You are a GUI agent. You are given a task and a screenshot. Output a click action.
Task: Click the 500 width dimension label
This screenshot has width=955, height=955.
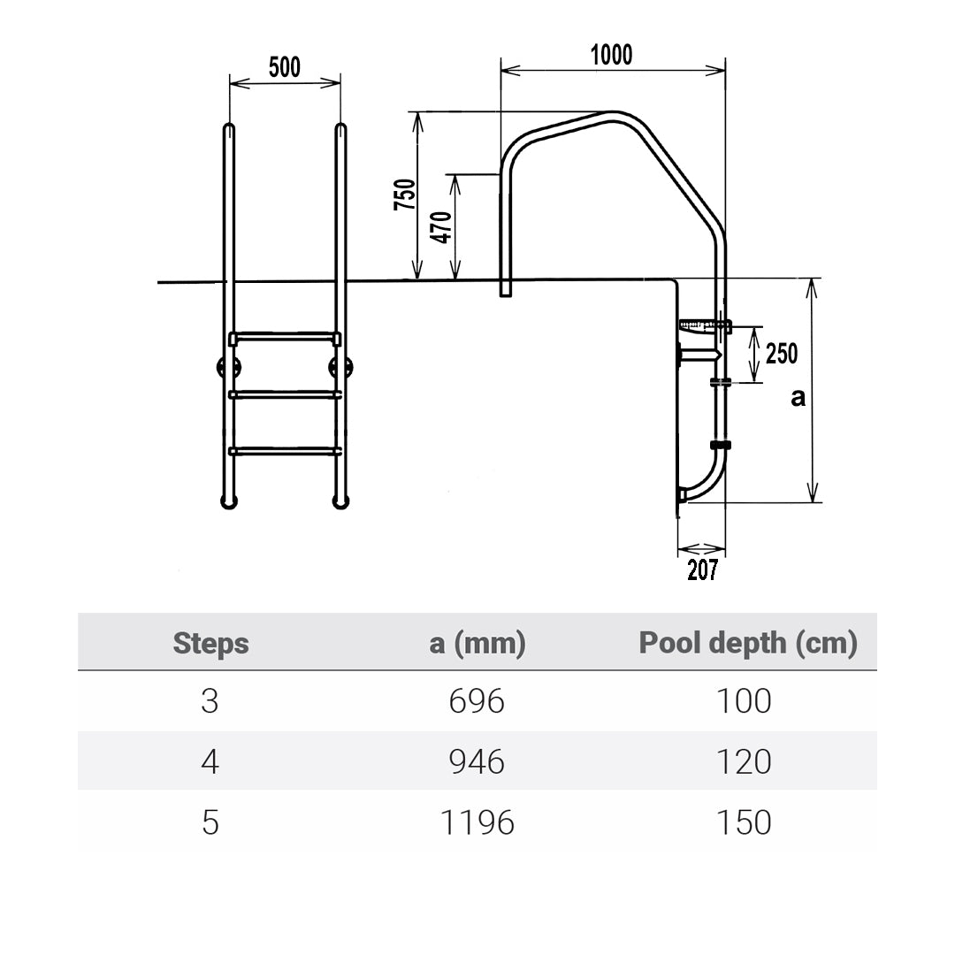[285, 67]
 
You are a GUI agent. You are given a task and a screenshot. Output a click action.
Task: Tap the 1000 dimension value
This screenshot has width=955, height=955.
[612, 55]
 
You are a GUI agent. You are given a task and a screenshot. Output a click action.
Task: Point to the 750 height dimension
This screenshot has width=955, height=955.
[405, 195]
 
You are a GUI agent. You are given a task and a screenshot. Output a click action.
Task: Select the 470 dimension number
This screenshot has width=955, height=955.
[441, 227]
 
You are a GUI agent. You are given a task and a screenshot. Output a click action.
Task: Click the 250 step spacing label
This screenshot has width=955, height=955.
[782, 353]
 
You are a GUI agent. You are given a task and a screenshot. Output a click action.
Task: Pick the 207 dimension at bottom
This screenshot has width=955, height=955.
[703, 569]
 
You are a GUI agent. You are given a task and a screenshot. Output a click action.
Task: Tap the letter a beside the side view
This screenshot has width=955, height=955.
[798, 398]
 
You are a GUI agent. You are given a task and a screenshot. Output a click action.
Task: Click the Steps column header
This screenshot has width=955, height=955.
[210, 643]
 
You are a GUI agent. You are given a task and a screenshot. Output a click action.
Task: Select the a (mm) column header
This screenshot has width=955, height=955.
[477, 643]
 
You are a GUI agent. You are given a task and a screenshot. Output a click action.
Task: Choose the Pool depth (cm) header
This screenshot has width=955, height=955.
[748, 643]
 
